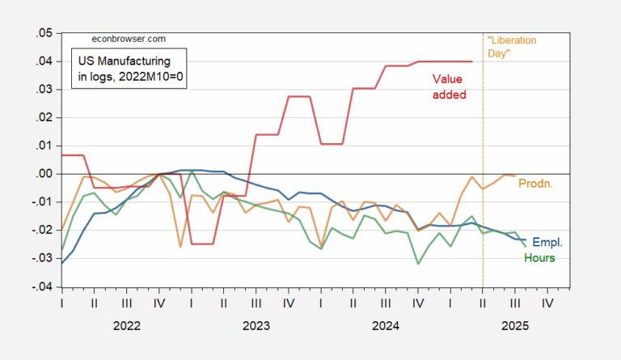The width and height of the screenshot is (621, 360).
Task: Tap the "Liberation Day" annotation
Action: click(510, 45)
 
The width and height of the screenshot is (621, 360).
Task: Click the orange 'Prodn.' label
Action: click(534, 184)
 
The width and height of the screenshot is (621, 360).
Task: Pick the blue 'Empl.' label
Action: click(546, 242)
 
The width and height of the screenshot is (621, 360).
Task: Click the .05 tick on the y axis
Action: click(40, 33)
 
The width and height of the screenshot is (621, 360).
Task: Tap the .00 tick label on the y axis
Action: click(40, 174)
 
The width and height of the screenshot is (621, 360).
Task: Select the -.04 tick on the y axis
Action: click(39, 286)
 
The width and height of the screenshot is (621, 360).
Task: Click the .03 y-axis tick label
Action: click(40, 90)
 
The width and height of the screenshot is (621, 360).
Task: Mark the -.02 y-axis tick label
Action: click(39, 231)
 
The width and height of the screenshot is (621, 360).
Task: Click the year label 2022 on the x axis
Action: click(126, 326)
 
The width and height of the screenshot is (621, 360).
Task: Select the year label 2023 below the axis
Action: click(256, 326)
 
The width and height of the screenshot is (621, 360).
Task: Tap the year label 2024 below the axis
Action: click(385, 326)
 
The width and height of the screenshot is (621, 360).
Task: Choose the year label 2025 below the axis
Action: click(514, 326)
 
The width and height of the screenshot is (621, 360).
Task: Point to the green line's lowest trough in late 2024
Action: click(418, 263)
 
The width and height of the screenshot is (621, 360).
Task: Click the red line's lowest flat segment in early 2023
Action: click(201, 244)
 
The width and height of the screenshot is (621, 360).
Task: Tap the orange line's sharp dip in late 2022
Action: click(180, 246)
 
